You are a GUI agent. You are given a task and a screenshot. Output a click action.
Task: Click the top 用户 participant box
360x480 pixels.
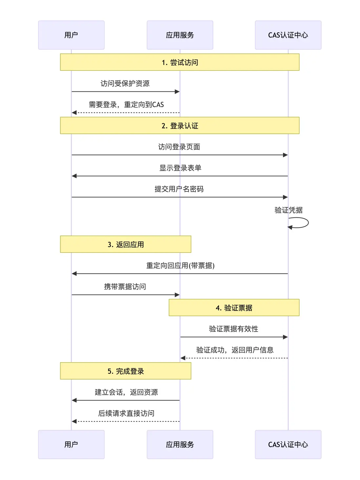coord(71,35)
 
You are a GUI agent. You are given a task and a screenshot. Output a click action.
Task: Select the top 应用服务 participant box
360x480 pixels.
coord(180,35)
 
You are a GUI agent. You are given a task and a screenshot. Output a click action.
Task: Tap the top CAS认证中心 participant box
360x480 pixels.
coord(288,35)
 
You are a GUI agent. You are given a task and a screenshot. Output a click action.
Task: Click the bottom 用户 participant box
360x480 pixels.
coord(71,444)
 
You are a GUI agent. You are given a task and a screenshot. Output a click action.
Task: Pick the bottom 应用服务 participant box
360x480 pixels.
coord(180,444)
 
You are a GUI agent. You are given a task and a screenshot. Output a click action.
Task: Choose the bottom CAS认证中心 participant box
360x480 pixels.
coord(288,444)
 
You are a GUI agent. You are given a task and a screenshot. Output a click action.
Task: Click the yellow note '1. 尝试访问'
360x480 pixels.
coord(180,62)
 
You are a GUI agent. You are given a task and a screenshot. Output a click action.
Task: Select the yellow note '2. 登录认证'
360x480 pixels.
coord(180,126)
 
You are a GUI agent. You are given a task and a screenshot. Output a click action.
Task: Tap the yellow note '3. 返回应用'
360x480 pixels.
coord(126,244)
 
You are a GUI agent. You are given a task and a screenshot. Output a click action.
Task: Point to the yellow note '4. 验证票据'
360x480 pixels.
coord(234,308)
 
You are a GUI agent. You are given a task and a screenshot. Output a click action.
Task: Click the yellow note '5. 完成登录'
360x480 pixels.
coord(126,371)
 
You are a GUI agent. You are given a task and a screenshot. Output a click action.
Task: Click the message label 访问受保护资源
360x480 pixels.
coord(125,84)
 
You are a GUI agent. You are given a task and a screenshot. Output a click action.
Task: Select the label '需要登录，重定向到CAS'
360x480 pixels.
coord(126,105)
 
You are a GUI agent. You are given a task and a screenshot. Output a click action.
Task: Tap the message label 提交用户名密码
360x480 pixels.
coord(179,189)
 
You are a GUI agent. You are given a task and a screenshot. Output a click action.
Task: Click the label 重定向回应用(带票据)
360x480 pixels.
coord(180,266)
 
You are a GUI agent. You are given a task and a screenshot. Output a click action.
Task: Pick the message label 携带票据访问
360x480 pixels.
coord(125,287)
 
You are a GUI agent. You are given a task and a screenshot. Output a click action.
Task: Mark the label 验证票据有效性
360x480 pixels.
coord(233,329)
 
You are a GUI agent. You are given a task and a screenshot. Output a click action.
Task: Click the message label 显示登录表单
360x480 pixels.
coord(180,168)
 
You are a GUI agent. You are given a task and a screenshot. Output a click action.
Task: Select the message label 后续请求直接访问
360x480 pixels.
coord(126,413)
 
